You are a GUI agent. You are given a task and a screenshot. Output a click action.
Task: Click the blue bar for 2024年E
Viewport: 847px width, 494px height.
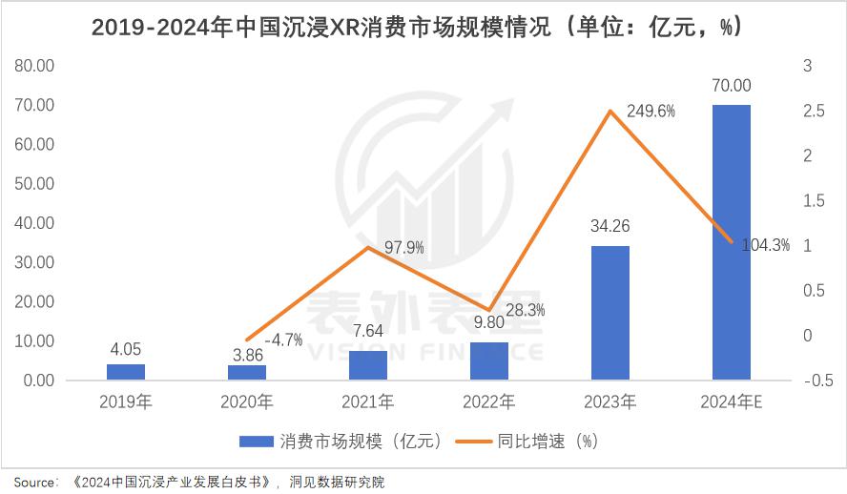(x=731, y=242)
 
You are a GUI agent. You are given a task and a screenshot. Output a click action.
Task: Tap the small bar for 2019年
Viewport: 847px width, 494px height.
(x=126, y=372)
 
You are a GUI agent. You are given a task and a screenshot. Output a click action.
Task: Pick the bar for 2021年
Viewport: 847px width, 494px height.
(x=368, y=365)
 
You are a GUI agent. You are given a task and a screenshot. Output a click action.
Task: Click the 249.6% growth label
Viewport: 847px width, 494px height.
(x=651, y=111)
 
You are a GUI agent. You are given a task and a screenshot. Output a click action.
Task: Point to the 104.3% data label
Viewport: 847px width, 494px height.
(x=767, y=245)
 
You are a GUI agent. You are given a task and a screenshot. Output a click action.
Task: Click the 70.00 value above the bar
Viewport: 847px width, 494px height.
(x=731, y=85)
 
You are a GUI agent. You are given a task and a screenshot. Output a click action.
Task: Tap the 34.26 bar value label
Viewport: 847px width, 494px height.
(x=610, y=227)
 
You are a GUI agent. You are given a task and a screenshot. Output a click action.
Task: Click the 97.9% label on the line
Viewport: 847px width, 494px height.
(x=404, y=248)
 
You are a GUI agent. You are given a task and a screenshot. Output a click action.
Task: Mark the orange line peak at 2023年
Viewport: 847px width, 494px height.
(x=610, y=112)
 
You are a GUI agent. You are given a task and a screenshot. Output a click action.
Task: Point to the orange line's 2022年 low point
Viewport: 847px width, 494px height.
(x=489, y=310)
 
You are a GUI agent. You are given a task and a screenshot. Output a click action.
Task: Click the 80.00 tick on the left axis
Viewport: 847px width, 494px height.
(x=34, y=66)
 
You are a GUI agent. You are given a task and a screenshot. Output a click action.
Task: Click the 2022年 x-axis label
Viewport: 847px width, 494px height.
(x=489, y=402)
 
